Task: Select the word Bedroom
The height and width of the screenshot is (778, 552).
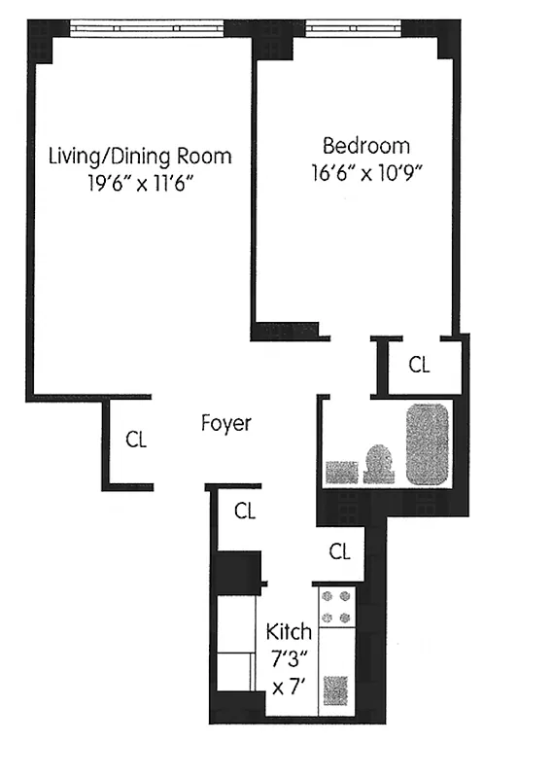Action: click(365, 146)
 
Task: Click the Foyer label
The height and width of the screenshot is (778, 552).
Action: click(225, 423)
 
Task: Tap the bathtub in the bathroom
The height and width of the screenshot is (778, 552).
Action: click(427, 443)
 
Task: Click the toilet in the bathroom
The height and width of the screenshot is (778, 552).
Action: click(379, 464)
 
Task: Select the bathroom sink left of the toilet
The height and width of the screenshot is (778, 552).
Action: click(342, 472)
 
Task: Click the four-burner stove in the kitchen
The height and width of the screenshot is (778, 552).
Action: click(336, 607)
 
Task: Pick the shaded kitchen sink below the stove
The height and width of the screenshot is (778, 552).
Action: click(336, 693)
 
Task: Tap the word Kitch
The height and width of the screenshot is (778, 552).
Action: click(289, 632)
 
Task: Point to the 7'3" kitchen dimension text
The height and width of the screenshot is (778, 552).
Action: click(289, 658)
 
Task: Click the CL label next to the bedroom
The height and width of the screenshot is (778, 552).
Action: click(419, 366)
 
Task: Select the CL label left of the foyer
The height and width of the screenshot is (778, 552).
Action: click(136, 439)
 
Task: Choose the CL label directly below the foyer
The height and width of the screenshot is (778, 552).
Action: click(245, 511)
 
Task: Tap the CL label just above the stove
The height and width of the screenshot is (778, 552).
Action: click(339, 551)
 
